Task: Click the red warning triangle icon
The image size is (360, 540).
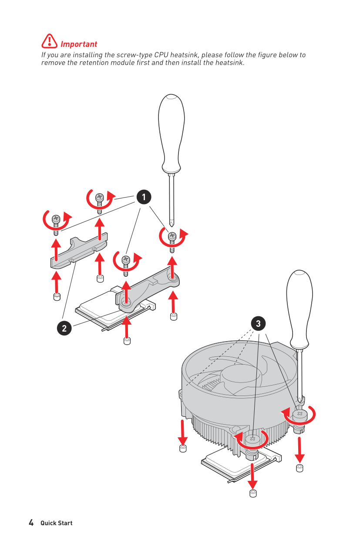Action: point(50,41)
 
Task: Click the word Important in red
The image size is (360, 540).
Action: point(79,44)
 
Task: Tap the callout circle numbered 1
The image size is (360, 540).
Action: point(144,197)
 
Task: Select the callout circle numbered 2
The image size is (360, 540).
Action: point(64,328)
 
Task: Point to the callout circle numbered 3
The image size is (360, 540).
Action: point(258,323)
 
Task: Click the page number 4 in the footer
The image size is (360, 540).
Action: point(31,523)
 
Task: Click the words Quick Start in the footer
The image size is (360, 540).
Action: point(57,523)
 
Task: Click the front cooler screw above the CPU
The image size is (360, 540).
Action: point(252,439)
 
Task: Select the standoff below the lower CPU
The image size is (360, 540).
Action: point(253,493)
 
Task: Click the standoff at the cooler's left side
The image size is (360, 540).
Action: point(183,449)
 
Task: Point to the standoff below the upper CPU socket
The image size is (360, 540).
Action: point(127,341)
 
